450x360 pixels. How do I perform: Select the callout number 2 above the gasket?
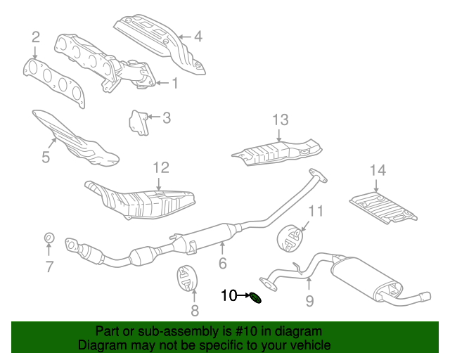(35, 37)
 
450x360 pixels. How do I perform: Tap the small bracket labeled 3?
(138, 122)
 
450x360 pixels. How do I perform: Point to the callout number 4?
(198, 36)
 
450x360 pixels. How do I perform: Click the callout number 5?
(46, 157)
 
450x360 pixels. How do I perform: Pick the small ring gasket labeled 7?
(49, 238)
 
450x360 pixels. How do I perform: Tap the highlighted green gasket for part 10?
(257, 298)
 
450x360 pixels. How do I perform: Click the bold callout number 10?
(230, 296)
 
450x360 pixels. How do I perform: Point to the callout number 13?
(281, 119)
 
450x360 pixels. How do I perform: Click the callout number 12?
(161, 167)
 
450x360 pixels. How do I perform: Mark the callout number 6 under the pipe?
(222, 264)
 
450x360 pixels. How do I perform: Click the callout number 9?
(309, 302)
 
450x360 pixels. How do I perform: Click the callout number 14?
(378, 169)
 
